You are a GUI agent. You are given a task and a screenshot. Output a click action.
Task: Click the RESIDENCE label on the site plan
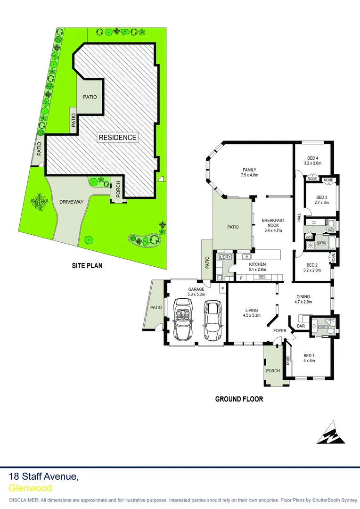pos(118,138)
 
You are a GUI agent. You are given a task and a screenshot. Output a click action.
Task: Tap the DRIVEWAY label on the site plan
pos(72,202)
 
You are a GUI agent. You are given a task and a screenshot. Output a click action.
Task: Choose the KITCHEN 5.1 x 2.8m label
pos(258,267)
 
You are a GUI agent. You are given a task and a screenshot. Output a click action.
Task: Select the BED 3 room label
pos(321,200)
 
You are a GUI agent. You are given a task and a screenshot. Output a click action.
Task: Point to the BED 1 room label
pos(309,358)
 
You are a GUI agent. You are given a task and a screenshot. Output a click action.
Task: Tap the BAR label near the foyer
pos(301,326)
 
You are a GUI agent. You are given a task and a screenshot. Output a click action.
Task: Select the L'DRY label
pos(225,257)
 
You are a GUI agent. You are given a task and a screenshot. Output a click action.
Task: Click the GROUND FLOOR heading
pos(239,399)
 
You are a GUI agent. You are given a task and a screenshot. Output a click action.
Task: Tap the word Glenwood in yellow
pos(30,488)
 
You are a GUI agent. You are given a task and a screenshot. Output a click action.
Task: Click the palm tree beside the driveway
pos(39,203)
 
